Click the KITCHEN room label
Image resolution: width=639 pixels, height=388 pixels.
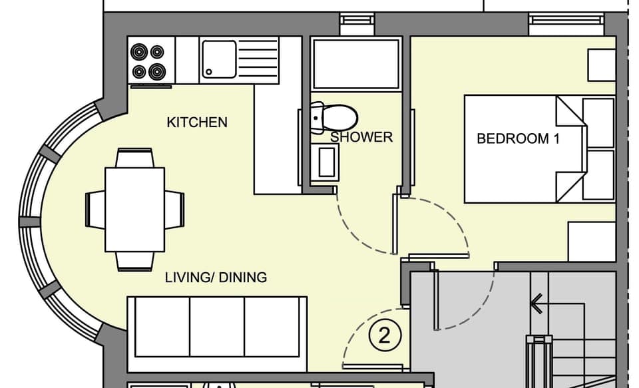(x=196, y=122)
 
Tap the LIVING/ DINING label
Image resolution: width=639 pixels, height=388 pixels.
(x=216, y=277)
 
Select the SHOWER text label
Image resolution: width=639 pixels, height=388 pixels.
(x=361, y=137)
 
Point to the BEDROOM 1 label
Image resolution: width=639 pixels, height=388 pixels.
(x=518, y=139)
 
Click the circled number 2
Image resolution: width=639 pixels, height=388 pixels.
(x=384, y=335)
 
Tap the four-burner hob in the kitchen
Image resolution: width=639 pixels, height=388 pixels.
(x=148, y=61)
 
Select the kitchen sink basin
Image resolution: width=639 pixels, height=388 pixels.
(x=218, y=58)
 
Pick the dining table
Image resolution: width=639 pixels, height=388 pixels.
(x=134, y=209)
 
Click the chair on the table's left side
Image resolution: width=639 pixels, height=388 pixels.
(x=95, y=209)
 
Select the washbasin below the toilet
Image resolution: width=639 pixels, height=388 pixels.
(x=326, y=162)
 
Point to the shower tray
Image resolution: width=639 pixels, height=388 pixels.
(x=356, y=63)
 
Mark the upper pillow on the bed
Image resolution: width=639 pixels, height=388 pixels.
(x=598, y=122)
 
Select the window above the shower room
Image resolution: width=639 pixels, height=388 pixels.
(x=357, y=24)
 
